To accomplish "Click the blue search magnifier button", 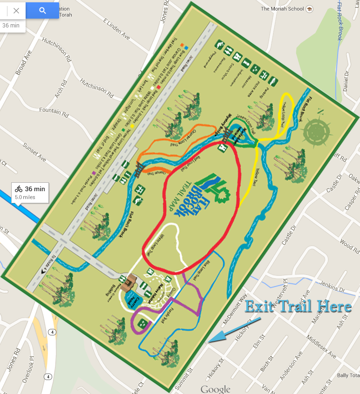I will (x=42, y=10).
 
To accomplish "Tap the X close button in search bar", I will (x=16, y=10).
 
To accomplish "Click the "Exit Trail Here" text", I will (x=298, y=306).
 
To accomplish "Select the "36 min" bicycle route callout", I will (x=30, y=193).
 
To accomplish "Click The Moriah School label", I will (x=282, y=8).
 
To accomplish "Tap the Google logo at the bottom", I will (x=216, y=389).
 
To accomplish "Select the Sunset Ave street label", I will (x=35, y=150).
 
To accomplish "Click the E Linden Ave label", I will (x=116, y=28).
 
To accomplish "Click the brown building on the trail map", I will (x=129, y=282).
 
